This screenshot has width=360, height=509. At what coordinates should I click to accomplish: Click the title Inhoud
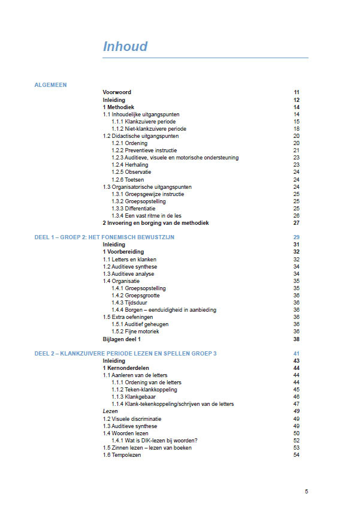(x=125, y=47)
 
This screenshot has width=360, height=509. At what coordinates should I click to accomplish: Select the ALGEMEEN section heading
(x=50, y=85)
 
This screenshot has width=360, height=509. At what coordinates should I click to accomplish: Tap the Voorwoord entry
(x=117, y=92)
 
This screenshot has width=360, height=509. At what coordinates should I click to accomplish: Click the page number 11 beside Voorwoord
(x=296, y=92)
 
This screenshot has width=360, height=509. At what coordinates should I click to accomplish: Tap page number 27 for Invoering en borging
(x=296, y=222)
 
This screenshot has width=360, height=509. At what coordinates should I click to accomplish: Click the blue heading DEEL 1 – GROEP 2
(x=104, y=237)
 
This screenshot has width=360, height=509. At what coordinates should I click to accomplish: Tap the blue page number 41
(x=296, y=354)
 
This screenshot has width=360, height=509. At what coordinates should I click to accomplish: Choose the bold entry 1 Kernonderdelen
(x=126, y=368)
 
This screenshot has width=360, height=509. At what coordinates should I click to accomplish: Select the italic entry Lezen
(x=110, y=411)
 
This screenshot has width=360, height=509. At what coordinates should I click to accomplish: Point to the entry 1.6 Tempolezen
(x=122, y=454)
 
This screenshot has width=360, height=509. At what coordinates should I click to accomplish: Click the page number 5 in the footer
(x=306, y=492)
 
